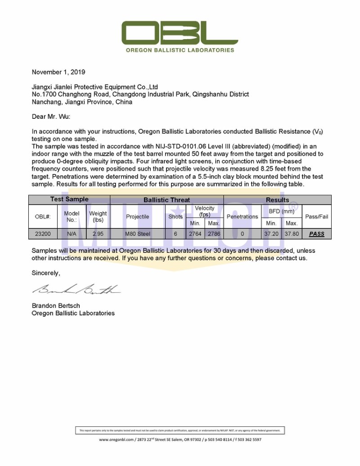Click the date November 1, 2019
pos(58,72)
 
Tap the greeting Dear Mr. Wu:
pos(51,116)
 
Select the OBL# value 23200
pos(43,234)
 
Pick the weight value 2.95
pos(98,234)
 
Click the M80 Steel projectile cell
pos(137,234)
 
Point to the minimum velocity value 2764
pos(195,234)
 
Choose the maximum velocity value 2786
pos(214,234)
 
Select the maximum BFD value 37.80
pos(292,234)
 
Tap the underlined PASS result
pos(317,234)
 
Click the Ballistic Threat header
pos(166,200)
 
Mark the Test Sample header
pos(69,199)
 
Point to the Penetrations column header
pos(242,216)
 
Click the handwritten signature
pos(76,289)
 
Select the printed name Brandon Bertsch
pos(56,306)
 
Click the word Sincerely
pos(45,273)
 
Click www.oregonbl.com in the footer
pos(117,439)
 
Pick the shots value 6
pos(175,234)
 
